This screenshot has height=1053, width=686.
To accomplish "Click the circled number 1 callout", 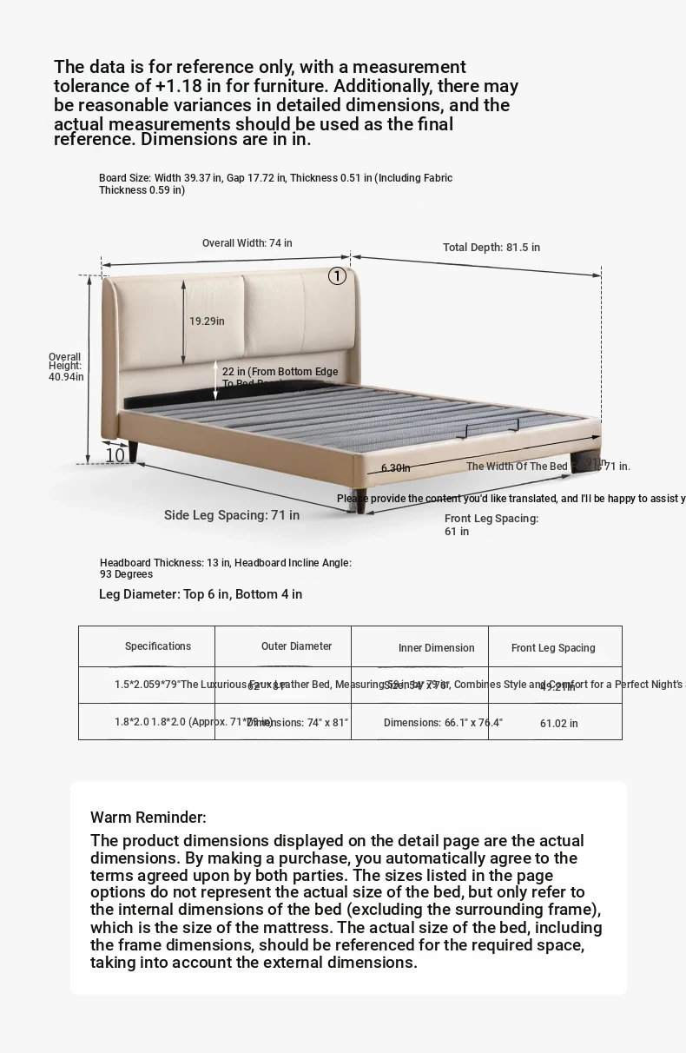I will tap(337, 276).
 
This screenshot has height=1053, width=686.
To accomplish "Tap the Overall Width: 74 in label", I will tap(247, 243).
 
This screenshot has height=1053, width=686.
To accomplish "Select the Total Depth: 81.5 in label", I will tap(491, 248).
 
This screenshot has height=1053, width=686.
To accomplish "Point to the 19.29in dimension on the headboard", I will tap(207, 321).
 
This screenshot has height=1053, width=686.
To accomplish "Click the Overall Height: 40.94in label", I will tap(65, 367).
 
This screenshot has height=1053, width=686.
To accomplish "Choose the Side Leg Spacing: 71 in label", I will tap(232, 515).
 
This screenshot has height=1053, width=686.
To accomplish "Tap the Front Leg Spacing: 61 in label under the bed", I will tap(491, 525).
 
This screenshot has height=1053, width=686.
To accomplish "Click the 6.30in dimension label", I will tap(395, 468).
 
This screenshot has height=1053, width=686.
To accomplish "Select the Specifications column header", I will tap(158, 646).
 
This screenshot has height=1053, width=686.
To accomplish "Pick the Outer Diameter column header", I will tap(296, 646).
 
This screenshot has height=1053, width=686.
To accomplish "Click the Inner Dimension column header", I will tap(437, 648).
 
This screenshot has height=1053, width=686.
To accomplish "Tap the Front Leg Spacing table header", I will tap(553, 648).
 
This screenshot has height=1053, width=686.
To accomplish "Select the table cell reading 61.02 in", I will tap(558, 723).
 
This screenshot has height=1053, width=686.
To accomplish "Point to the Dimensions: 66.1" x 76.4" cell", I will tap(443, 723).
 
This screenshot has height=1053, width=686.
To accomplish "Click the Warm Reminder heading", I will tap(148, 818).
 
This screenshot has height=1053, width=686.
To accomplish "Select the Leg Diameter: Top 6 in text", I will tap(201, 594).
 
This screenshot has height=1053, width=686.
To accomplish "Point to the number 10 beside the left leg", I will tap(115, 454).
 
